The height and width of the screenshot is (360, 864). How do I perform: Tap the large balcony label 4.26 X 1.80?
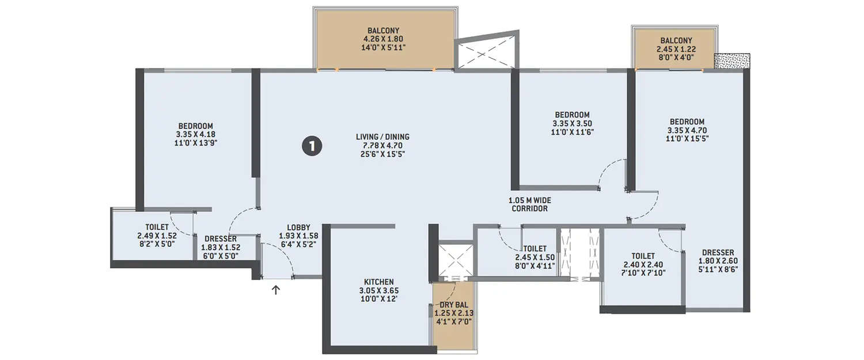tap(384, 40)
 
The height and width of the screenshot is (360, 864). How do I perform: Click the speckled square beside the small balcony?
tap(732, 60)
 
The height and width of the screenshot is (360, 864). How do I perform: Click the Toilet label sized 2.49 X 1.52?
tap(153, 236)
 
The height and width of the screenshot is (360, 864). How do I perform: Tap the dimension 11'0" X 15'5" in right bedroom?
tap(687, 138)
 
